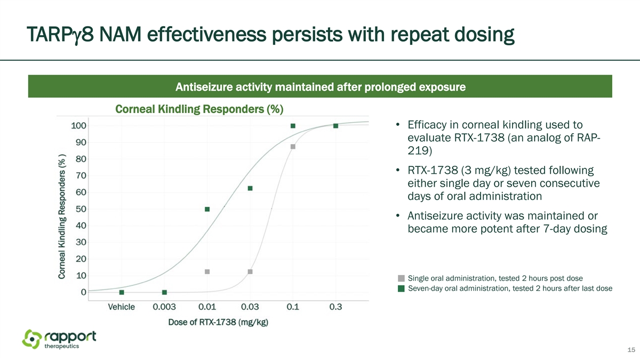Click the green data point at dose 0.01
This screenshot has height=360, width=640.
[x=207, y=209]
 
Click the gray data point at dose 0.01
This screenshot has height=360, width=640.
[x=207, y=271]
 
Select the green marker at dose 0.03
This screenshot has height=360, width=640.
[x=250, y=188]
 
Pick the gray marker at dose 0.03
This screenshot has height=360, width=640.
[x=250, y=271]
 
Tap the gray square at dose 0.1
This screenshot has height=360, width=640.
[x=293, y=147]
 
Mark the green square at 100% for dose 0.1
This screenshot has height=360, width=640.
[x=293, y=126]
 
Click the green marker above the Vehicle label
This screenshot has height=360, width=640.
[x=122, y=292]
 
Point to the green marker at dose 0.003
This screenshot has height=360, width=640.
[x=164, y=292]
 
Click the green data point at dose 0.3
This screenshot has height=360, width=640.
[x=335, y=126]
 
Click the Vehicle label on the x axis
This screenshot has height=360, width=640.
[x=122, y=307]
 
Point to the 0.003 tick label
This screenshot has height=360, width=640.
[x=164, y=307]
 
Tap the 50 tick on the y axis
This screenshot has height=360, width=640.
[x=81, y=209]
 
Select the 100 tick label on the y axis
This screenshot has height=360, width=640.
[x=78, y=126]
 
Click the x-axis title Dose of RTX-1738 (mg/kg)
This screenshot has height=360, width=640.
[x=218, y=322]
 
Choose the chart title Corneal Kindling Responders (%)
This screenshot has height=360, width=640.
[x=199, y=109]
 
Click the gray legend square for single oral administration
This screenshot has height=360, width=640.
[x=401, y=278]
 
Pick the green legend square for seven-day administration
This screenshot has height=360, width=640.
[x=401, y=289]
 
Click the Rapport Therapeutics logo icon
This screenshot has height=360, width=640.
[x=32, y=339]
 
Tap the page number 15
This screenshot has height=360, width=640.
[x=631, y=350]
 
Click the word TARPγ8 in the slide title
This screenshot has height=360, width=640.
[x=60, y=35]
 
